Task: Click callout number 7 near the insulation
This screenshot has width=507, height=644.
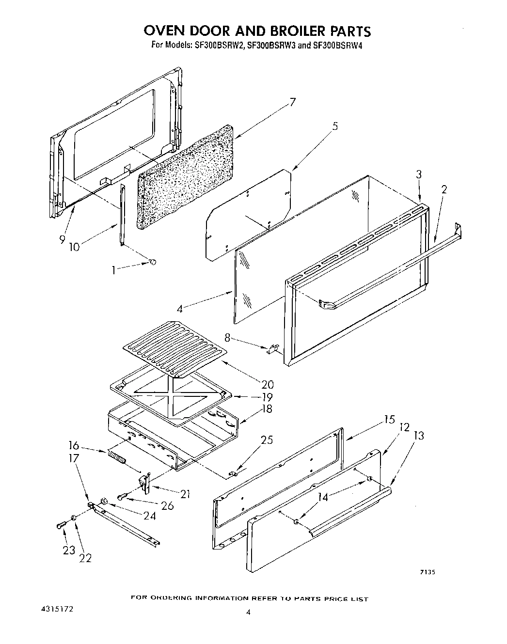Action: coord(292,102)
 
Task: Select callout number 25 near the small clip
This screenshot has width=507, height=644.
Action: coord(267,440)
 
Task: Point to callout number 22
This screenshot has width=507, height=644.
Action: coord(85,558)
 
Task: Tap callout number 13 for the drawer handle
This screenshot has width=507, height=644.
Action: coord(419,436)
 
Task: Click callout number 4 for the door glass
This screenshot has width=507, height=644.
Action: coord(180,309)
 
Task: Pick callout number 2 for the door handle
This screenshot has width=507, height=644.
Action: coord(444,189)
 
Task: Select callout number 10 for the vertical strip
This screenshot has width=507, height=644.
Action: coord(74,247)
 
